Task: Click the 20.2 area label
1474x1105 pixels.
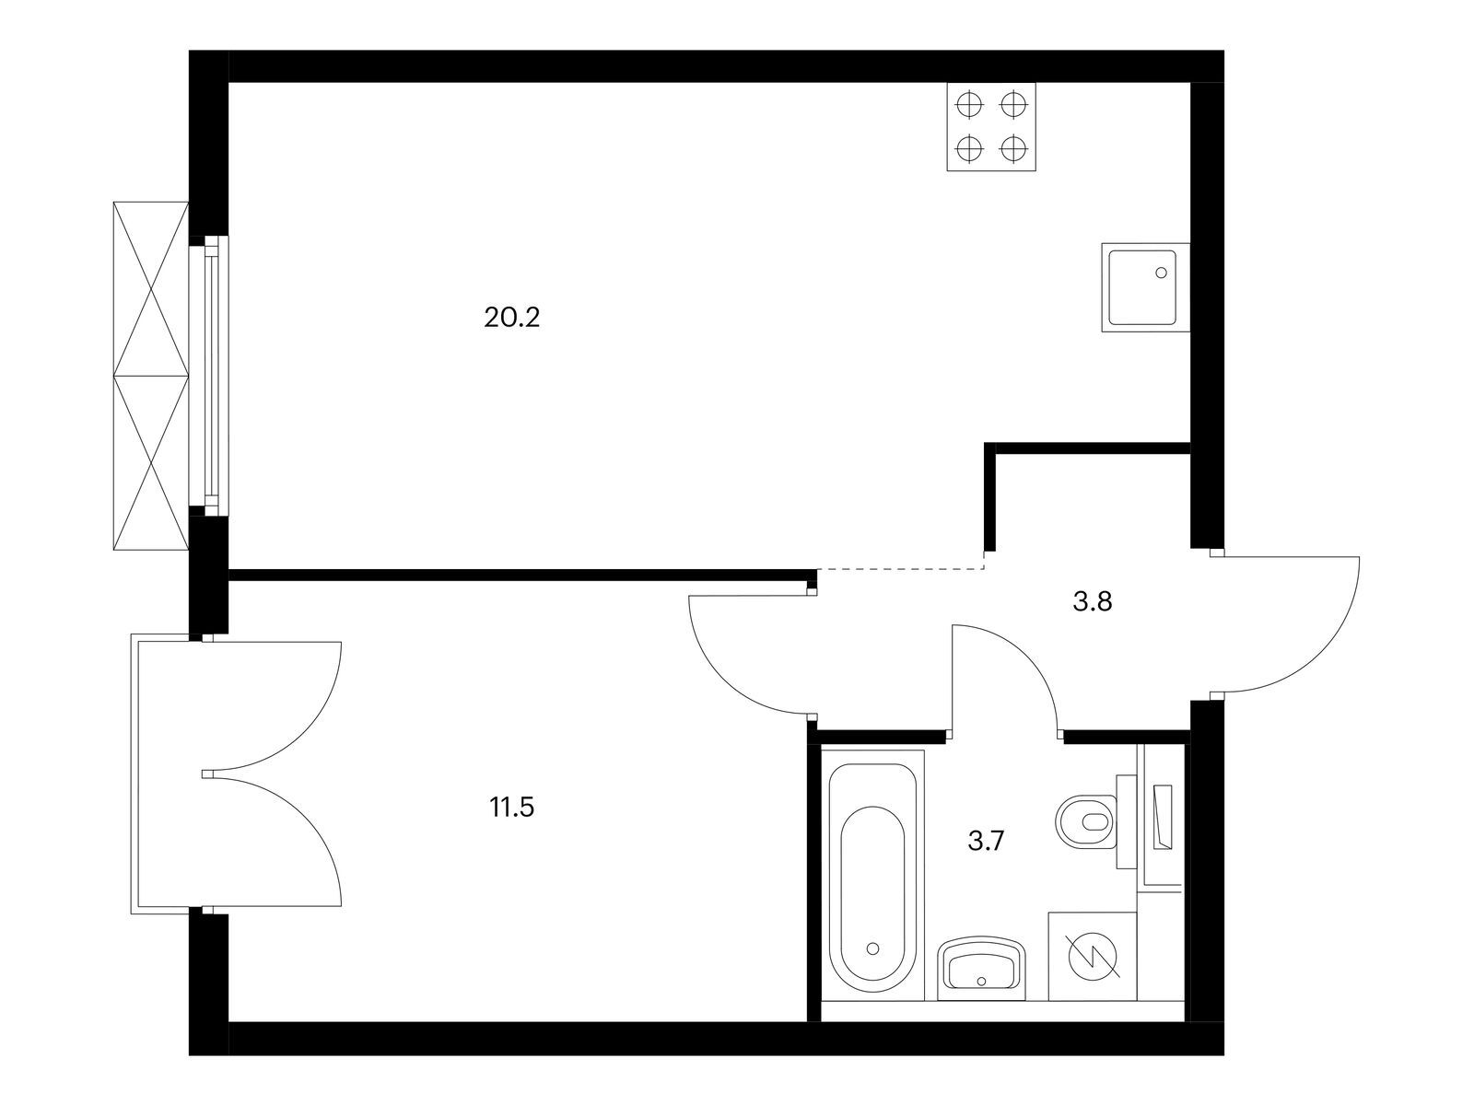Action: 511,318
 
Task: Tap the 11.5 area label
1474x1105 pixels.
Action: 511,808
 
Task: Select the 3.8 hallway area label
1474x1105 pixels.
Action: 1093,602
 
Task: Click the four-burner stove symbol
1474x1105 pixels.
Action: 991,126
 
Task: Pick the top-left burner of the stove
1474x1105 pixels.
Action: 970,105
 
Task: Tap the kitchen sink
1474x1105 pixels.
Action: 1146,287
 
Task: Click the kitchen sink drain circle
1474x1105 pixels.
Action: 1161,273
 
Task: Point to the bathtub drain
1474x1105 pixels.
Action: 873,948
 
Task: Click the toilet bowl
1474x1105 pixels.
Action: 1086,822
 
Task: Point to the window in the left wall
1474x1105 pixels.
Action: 210,376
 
